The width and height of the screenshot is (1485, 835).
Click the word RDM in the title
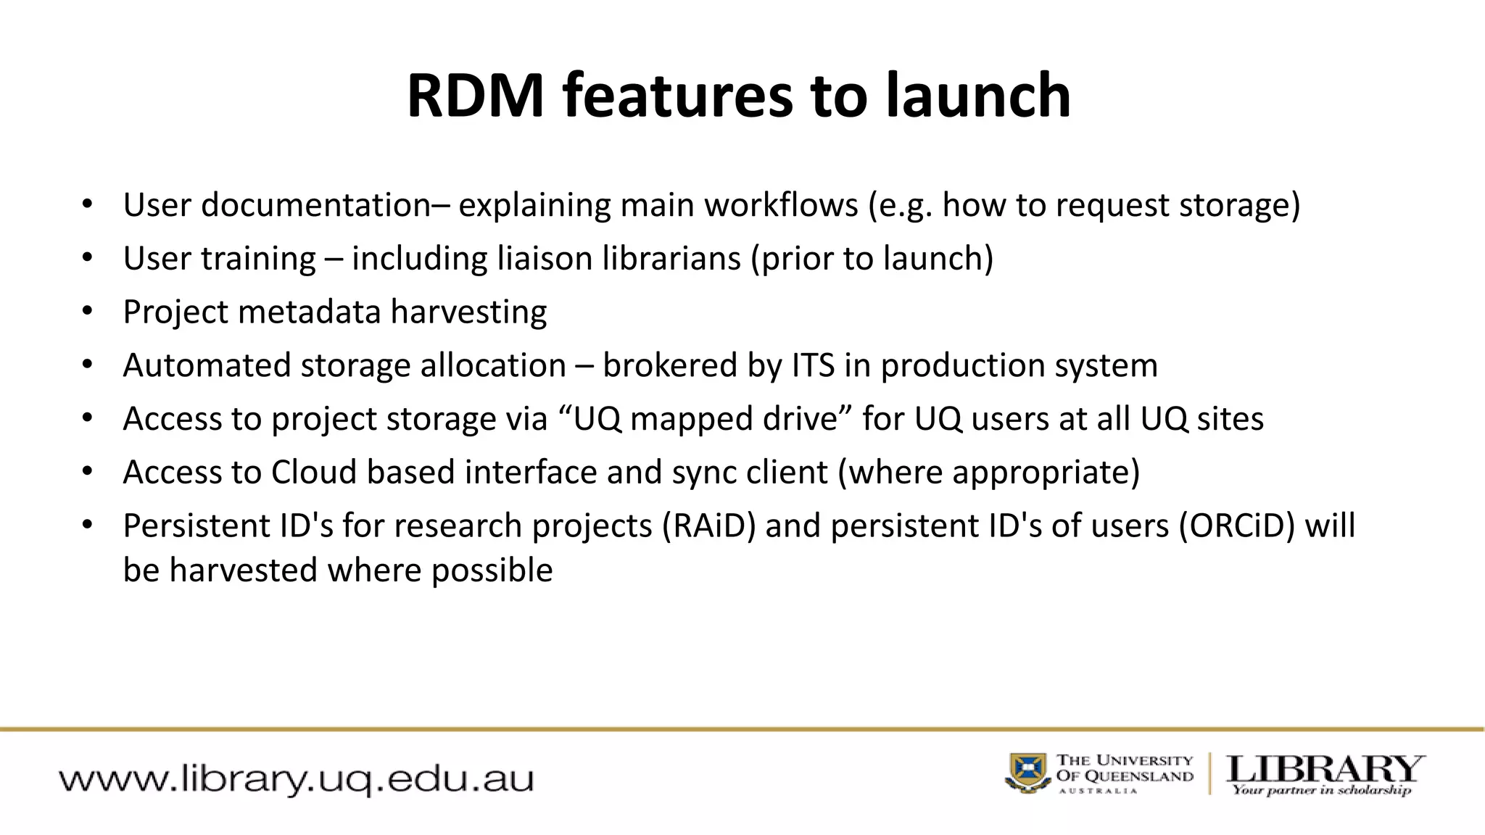pos(475,96)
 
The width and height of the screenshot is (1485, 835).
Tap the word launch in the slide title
pos(977,96)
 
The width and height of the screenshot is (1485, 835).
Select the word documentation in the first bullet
pos(316,205)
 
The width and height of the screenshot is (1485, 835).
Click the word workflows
pos(781,205)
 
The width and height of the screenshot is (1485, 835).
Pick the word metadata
pos(309,312)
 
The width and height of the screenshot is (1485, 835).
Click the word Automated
pos(207,365)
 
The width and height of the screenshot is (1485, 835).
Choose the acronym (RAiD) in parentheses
pos(708,526)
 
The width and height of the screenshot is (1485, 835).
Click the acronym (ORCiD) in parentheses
pos(1237,526)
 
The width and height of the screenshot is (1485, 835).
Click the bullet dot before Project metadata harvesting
pos(87,311)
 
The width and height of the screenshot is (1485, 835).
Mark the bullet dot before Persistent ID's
pos(87,525)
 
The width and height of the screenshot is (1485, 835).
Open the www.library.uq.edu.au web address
pos(296,780)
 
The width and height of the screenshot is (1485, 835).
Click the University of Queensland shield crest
pos(1028,773)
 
